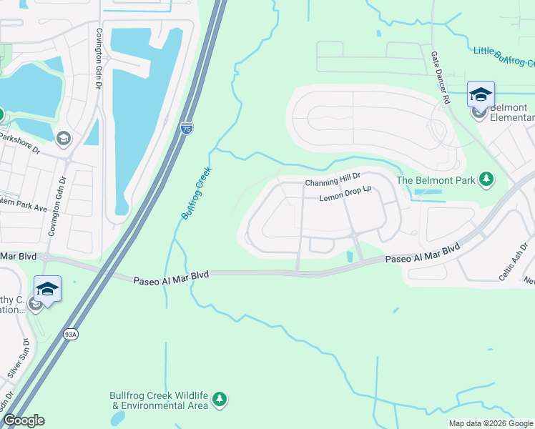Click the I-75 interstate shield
tap(186, 129)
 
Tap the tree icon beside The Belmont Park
tap(486, 179)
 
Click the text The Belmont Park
tap(436, 180)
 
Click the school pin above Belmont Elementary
tap(481, 94)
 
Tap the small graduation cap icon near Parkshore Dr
tap(63, 139)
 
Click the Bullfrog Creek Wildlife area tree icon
tap(220, 399)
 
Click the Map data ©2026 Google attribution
tap(490, 423)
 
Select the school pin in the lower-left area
tap(47, 290)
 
